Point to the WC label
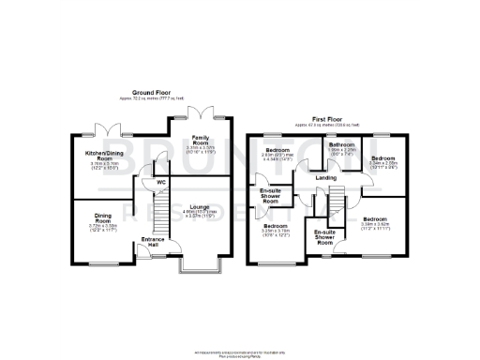[x=160, y=182]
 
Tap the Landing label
[x=326, y=177]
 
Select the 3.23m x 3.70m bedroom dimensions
[x=276, y=233]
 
